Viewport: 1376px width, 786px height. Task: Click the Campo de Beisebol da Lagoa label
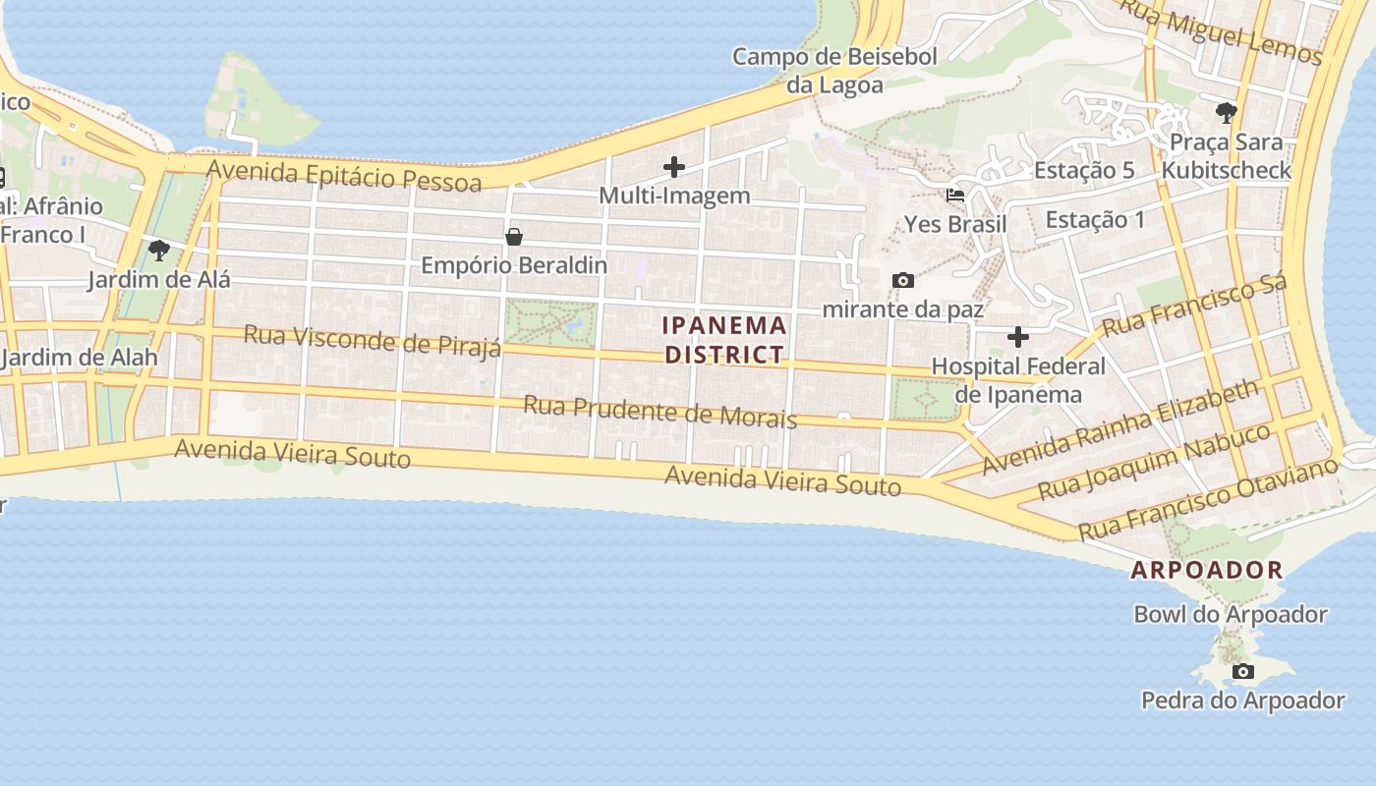834,71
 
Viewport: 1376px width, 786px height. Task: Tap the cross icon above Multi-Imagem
674,167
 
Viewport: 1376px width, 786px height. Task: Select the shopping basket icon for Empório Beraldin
513,237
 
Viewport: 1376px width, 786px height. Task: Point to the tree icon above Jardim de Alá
158,251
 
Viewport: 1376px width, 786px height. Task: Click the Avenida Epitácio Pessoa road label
344,176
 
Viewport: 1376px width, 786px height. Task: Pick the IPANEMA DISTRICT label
725,340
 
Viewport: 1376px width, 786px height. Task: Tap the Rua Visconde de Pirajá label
373,339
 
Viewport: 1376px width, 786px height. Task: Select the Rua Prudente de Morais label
659,411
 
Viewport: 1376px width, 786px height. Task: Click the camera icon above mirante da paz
902,281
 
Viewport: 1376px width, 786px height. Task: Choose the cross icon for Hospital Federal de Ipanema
1018,338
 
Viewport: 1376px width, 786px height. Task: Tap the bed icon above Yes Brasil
954,196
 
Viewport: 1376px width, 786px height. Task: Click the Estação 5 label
1084,170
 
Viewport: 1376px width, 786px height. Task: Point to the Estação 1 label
1095,219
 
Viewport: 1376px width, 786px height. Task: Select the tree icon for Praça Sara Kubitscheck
1226,113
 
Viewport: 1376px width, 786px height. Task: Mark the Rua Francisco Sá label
1194,306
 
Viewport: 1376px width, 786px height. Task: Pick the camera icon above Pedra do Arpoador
1243,672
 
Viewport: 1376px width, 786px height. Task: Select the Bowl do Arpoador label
1231,615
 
